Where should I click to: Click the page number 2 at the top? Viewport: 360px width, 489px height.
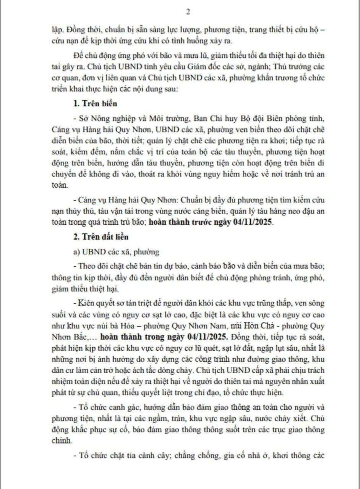188,12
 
